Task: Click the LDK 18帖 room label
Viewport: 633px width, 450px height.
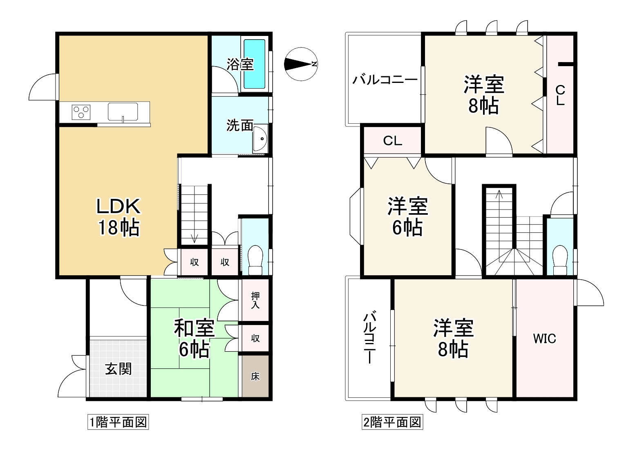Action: (x=119, y=217)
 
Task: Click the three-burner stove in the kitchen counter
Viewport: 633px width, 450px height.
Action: (x=81, y=111)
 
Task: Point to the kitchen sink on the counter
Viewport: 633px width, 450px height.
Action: (x=123, y=111)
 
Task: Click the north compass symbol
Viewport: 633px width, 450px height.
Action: (x=301, y=64)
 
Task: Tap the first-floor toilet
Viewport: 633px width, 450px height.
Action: (x=255, y=260)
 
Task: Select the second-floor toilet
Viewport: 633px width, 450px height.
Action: (x=559, y=260)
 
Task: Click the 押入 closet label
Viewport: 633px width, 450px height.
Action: (x=255, y=300)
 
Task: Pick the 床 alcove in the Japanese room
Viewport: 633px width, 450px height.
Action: (x=255, y=376)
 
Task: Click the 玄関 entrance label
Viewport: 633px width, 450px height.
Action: (x=119, y=368)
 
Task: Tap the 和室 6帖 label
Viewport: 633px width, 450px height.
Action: (x=194, y=339)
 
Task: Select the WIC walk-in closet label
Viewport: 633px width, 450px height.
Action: (x=544, y=339)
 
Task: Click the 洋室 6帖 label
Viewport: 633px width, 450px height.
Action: (x=407, y=217)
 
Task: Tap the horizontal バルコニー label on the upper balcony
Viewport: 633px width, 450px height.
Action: (x=385, y=79)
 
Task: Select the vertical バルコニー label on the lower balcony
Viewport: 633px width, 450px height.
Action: (x=370, y=338)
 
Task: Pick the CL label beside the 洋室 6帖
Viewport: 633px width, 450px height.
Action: (x=392, y=141)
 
